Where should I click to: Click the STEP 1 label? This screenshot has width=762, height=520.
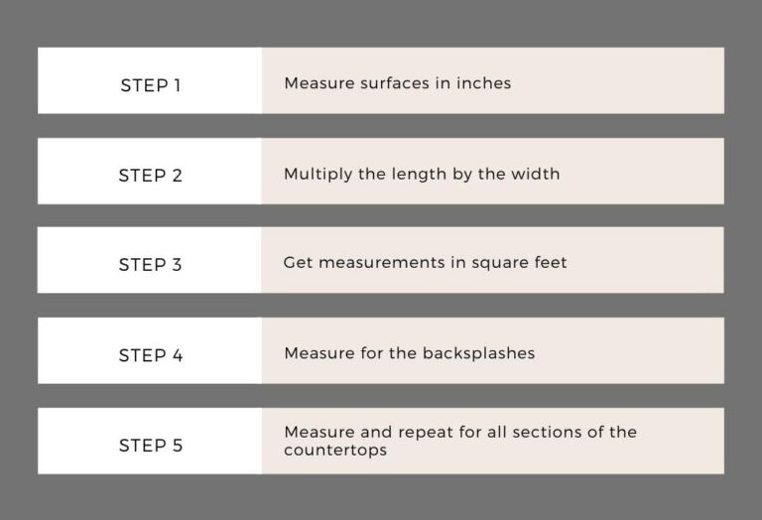pyautogui.click(x=150, y=85)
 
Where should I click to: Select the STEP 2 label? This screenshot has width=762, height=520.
pyautogui.click(x=150, y=176)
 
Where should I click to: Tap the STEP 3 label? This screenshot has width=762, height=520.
pyautogui.click(x=150, y=265)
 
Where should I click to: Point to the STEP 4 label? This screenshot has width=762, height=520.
pyautogui.click(x=150, y=355)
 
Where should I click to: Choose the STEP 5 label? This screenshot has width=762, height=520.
pyautogui.click(x=150, y=446)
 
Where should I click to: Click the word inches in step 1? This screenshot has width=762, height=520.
pyautogui.click(x=483, y=83)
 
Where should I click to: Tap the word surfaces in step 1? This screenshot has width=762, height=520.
pyautogui.click(x=389, y=83)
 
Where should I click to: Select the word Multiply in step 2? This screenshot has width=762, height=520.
pyautogui.click(x=315, y=174)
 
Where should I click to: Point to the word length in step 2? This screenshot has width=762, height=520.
pyautogui.click(x=412, y=174)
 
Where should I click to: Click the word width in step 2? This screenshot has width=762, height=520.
pyautogui.click(x=536, y=174)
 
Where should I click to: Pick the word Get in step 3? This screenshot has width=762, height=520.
pyautogui.click(x=297, y=263)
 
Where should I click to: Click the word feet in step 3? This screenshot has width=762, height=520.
pyautogui.click(x=549, y=263)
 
